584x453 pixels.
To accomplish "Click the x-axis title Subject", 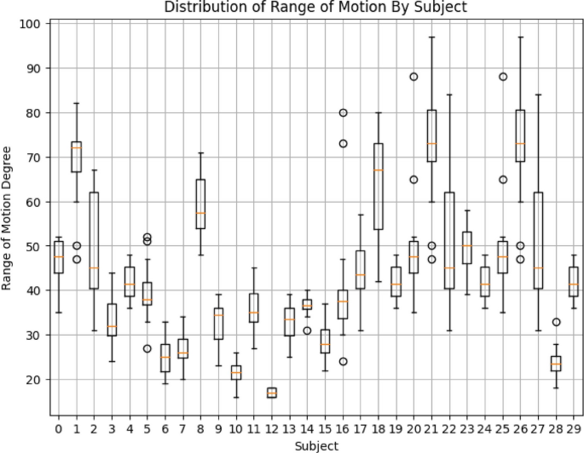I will point(315,445).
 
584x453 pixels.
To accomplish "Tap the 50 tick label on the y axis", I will point(33,246).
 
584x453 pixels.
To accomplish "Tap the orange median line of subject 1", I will point(76,148).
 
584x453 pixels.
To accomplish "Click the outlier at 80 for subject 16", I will point(342,112).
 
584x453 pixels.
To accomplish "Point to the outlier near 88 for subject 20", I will point(413,77).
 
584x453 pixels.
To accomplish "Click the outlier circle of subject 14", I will point(307,330).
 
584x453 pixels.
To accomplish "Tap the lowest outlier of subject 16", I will point(342,361).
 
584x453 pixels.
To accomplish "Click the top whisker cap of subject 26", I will point(519,37).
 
